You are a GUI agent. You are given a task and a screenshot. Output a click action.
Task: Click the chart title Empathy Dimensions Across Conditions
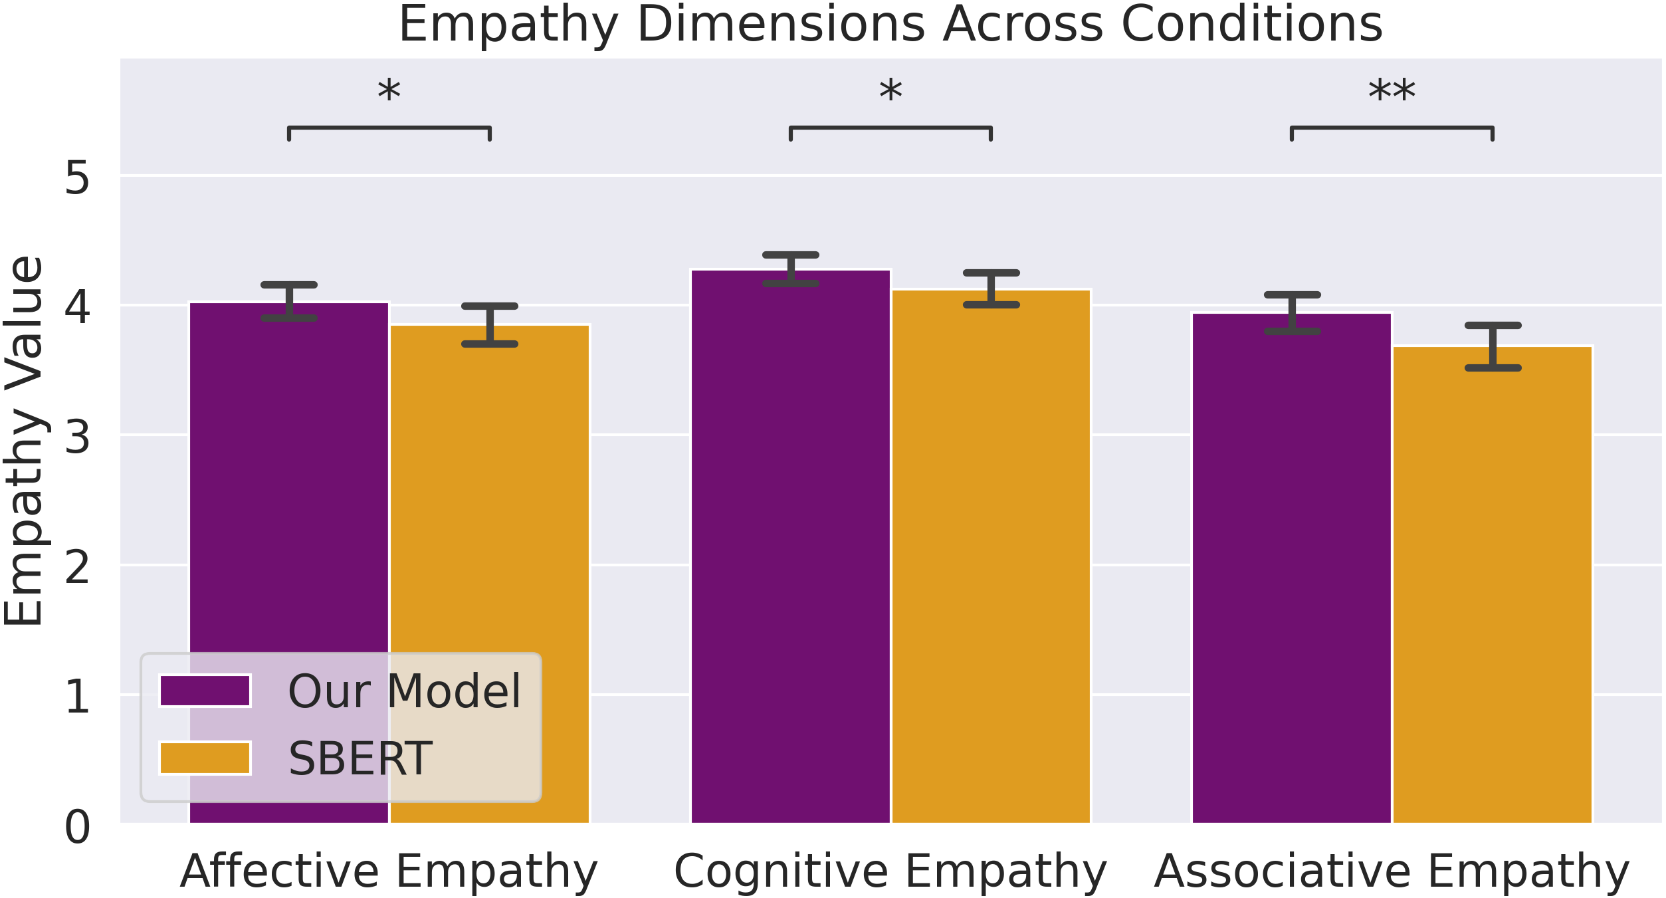pos(890,25)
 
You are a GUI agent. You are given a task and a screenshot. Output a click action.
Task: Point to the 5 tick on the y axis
pos(77,178)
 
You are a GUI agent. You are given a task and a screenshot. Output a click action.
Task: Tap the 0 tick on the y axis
pos(77,828)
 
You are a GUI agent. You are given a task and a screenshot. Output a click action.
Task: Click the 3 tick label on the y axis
pos(77,438)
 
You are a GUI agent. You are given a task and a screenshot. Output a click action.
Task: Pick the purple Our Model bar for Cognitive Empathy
pos(791,545)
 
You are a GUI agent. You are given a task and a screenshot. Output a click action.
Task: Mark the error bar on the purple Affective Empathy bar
pos(289,301)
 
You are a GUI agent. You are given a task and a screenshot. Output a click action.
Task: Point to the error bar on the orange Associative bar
pos(1493,346)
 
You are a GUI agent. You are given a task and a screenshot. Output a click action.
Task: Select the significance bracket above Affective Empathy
pos(389,128)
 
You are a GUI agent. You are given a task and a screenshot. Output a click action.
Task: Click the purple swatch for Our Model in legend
pos(205,691)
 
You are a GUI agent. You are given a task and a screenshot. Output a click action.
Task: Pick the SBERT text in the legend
pos(360,758)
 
